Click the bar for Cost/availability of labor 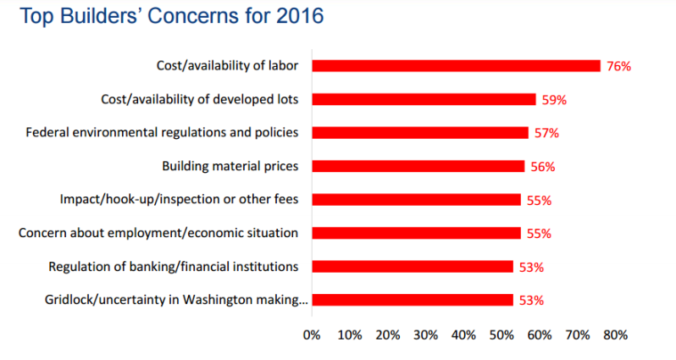click(x=456, y=65)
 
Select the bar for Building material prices click(x=418, y=166)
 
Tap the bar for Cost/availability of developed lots click(x=424, y=99)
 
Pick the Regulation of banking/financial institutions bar click(x=413, y=267)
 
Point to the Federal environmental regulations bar click(x=420, y=133)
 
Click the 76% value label click(x=618, y=66)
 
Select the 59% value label click(x=554, y=100)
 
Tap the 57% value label click(x=546, y=133)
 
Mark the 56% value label click(x=543, y=167)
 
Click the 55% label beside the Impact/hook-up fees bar click(x=539, y=201)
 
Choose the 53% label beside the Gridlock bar click(x=531, y=301)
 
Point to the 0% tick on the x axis click(x=312, y=335)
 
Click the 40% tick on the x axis click(x=463, y=335)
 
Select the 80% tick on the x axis click(x=615, y=335)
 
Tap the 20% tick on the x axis click(x=388, y=335)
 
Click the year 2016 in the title click(x=300, y=16)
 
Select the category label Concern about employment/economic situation click(x=158, y=233)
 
